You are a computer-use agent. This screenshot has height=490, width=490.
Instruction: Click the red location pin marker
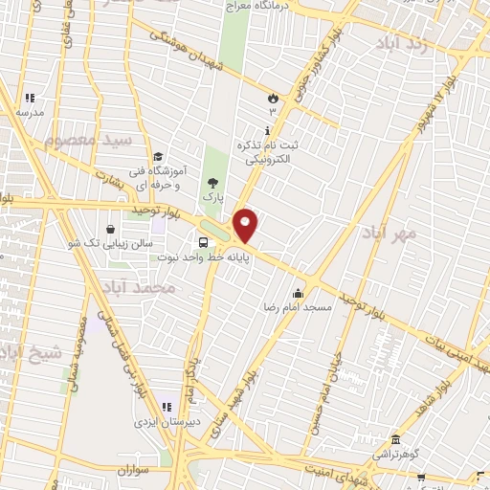246,225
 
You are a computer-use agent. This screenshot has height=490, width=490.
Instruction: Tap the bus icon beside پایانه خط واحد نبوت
203,242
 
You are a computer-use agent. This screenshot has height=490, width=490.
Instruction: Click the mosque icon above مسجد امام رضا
299,293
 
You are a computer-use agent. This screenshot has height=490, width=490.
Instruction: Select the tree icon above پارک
212,181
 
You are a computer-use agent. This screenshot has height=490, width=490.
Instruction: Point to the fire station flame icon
272,98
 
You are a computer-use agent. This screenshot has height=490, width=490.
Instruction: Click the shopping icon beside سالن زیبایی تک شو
112,230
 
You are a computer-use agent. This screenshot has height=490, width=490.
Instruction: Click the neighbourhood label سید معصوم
86,142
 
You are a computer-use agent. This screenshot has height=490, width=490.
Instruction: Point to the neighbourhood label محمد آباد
145,286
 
